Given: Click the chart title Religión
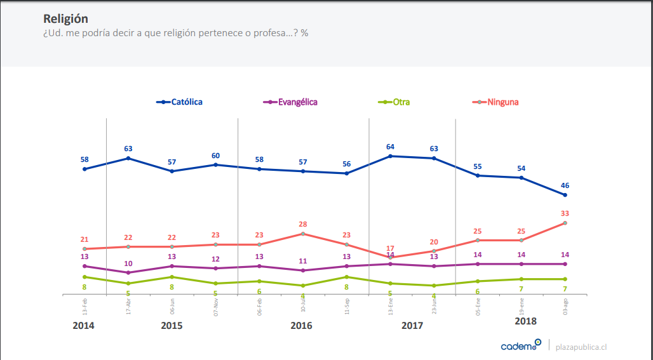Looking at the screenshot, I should click(x=65, y=18).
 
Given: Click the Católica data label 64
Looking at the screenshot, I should click(x=390, y=147).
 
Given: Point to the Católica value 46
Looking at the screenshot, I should click(x=565, y=185).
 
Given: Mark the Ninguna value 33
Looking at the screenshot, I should click(x=565, y=213).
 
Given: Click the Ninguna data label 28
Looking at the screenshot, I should click(x=303, y=224).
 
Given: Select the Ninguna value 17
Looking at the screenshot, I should click(x=390, y=248).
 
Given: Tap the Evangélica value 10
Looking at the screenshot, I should click(x=128, y=263).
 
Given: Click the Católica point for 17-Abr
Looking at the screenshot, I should click(x=128, y=158).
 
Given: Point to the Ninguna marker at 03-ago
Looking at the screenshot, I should click(x=565, y=223).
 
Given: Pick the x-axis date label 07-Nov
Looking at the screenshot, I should click(x=216, y=307).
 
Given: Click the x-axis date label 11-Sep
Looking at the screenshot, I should click(x=347, y=307).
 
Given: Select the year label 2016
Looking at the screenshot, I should click(x=301, y=326).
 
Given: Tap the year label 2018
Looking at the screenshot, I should click(x=525, y=321).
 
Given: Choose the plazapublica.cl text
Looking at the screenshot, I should click(x=581, y=347).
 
